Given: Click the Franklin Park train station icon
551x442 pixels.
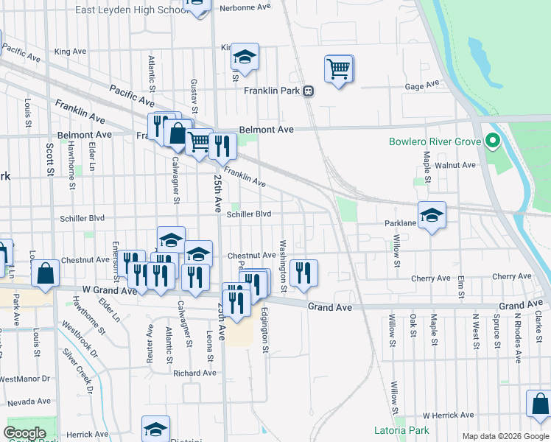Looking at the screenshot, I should (308, 91).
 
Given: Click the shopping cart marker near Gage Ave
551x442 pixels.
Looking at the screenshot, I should (338, 69).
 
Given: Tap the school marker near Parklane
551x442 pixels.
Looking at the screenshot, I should (432, 215).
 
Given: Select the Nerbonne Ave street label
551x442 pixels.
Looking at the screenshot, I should (245, 6).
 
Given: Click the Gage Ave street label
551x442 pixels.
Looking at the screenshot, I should (422, 86).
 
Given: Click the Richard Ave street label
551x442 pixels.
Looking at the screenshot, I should (194, 373).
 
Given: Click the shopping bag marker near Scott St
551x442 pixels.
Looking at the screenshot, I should (46, 273).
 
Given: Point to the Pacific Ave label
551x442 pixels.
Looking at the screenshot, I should (132, 94).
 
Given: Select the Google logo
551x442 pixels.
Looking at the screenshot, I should (25, 433).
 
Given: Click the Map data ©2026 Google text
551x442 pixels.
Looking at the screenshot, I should (504, 436).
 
